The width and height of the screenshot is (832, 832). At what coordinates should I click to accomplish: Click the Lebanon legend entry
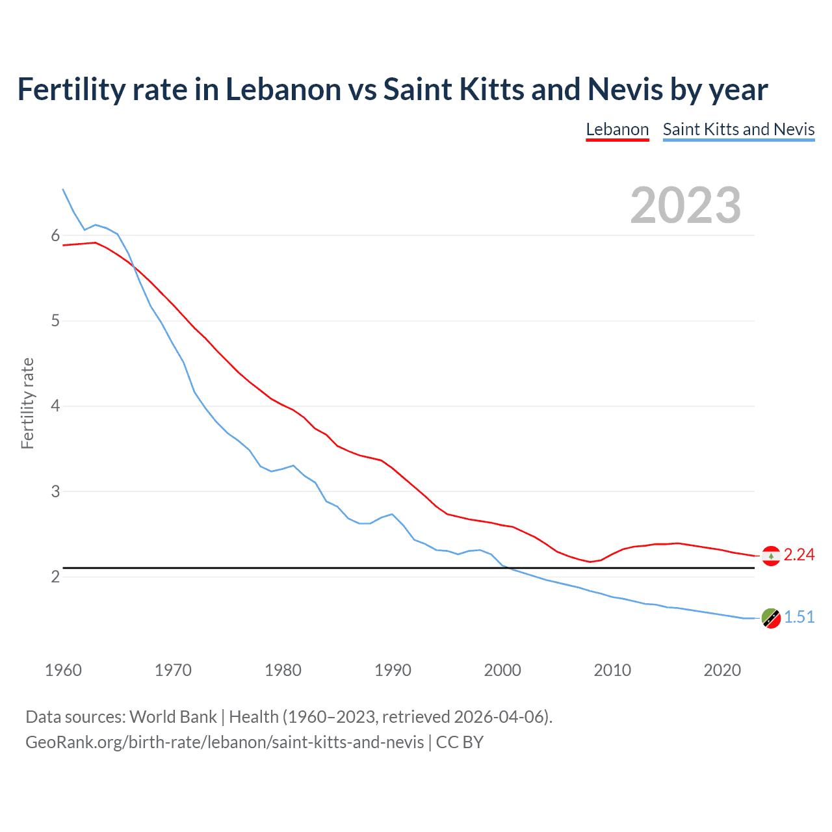[x=617, y=129]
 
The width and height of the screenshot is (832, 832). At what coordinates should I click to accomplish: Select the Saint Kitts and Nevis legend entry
[x=738, y=129]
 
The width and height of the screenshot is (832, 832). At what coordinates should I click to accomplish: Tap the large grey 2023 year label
[x=685, y=205]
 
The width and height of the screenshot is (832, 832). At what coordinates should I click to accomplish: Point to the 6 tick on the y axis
[x=55, y=236]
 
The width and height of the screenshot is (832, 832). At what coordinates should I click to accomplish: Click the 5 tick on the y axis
[x=55, y=321]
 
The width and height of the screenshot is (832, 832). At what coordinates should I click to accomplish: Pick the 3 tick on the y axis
[x=55, y=491]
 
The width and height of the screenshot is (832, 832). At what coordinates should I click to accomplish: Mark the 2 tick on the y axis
[x=55, y=577]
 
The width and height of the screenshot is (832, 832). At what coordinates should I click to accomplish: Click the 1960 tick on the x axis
[x=63, y=670]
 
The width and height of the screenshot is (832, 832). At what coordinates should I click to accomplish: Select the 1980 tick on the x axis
[x=283, y=670]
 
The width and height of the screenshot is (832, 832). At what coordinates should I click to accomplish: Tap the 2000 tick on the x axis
[x=502, y=670]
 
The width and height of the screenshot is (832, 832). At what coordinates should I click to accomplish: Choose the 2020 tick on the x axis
[x=722, y=670]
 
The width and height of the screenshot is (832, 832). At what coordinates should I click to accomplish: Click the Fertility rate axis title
[x=27, y=403]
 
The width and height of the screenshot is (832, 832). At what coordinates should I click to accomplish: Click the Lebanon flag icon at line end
[x=771, y=556]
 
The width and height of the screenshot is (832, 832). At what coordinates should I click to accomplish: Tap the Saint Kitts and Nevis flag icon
[x=771, y=618]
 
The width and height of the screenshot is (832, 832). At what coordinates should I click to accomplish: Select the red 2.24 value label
[x=799, y=554]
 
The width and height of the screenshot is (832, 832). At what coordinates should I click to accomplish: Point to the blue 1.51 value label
[x=799, y=617]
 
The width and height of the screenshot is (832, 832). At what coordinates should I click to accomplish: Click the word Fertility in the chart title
[x=70, y=90]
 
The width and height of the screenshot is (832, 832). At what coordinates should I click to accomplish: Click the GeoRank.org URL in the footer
[x=224, y=742]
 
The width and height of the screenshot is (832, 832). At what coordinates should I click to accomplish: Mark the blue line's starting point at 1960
[x=63, y=189]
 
